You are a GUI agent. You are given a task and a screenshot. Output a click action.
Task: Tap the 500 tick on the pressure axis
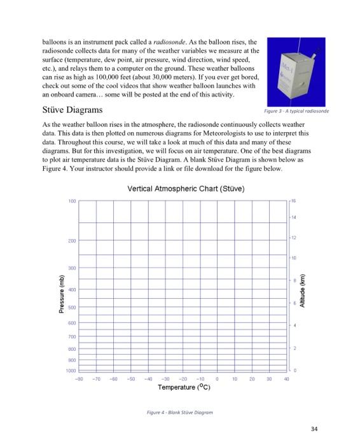(x=72, y=307)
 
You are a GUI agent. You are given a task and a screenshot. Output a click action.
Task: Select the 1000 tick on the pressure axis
(x=71, y=370)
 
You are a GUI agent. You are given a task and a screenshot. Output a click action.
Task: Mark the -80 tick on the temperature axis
(x=78, y=377)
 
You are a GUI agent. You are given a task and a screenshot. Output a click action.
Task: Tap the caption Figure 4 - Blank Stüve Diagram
(x=178, y=412)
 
